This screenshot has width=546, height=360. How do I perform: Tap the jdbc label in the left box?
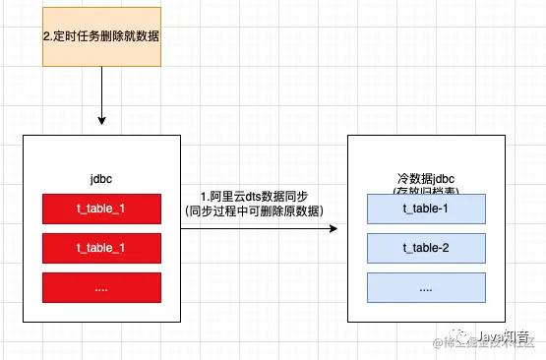pos(101,180)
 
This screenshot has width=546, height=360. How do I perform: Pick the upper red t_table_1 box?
pos(101,209)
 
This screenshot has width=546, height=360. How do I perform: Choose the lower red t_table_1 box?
pos(101,248)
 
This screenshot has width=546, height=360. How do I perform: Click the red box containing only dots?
pos(101,287)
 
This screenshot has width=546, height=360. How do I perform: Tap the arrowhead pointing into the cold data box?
pos(333,228)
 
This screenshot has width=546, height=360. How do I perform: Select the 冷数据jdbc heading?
pos(426,178)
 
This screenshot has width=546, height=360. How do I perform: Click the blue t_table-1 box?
pos(426,209)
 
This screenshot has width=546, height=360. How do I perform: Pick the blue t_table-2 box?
pos(426,248)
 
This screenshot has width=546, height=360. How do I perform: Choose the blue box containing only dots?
pos(426,287)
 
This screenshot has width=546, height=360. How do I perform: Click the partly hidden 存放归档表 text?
pos(426,191)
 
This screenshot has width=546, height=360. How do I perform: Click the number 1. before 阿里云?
pos(204,196)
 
